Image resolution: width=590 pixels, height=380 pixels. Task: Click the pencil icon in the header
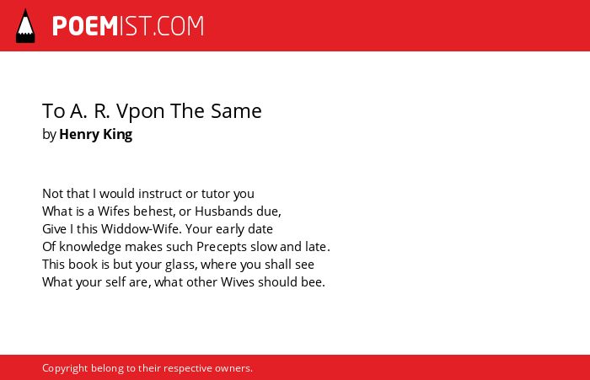25,26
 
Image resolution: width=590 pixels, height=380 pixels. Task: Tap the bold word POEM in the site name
85,26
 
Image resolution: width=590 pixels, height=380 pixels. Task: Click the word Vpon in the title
141,112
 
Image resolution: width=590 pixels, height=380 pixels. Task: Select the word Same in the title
236,111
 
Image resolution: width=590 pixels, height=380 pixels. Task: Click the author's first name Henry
79,135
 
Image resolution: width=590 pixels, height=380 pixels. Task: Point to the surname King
118,135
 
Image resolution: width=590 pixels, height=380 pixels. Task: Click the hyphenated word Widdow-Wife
141,229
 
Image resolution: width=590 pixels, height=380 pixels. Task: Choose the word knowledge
90,247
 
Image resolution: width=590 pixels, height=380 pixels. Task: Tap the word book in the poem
83,265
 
